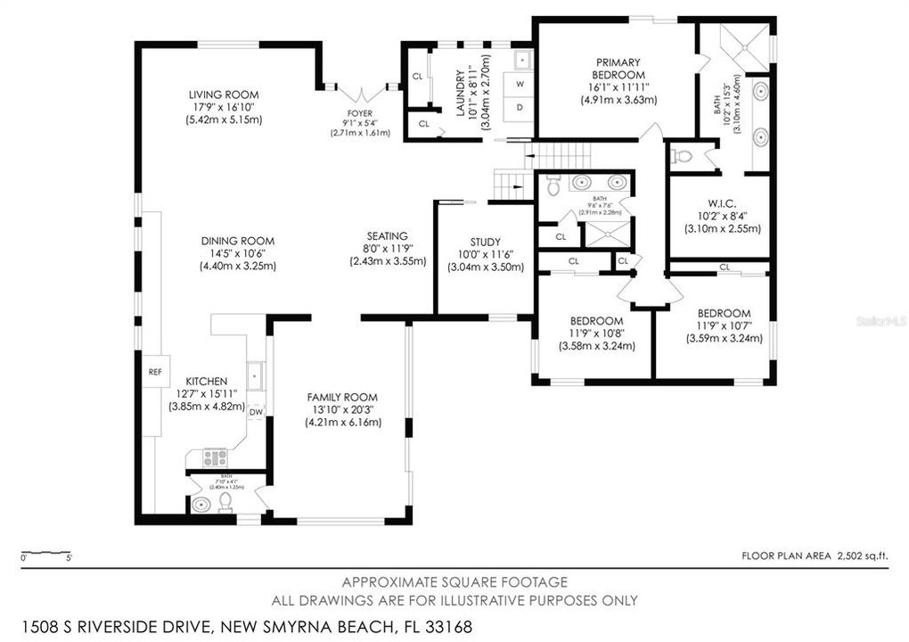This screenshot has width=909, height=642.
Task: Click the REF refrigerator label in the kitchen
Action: click(x=154, y=372)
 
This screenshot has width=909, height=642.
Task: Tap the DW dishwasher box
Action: click(x=256, y=411)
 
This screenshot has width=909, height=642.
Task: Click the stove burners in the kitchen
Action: click(x=214, y=458)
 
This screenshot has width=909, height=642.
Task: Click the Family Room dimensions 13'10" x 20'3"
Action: click(x=342, y=409)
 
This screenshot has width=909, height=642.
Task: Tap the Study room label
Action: click(x=485, y=242)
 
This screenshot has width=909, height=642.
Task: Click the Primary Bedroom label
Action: click(x=618, y=69)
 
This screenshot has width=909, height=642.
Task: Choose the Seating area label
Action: click(x=386, y=236)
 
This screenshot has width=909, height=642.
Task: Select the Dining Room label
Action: click(x=224, y=241)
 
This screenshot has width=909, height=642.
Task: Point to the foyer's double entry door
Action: click(x=360, y=91)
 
